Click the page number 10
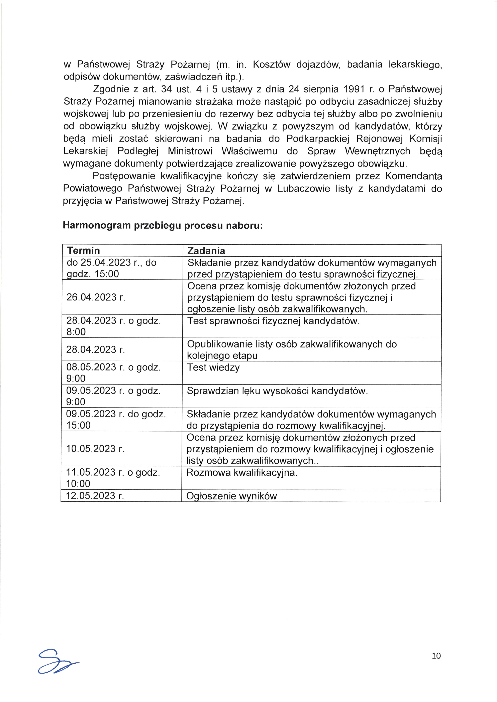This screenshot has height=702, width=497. tap(436, 656)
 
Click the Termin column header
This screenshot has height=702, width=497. tap(84, 250)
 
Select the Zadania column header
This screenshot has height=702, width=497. tap(206, 251)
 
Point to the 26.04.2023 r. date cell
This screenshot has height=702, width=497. tap(96, 297)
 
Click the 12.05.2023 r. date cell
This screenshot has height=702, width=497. tap(95, 496)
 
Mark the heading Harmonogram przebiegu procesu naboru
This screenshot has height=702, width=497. tap(163, 225)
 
